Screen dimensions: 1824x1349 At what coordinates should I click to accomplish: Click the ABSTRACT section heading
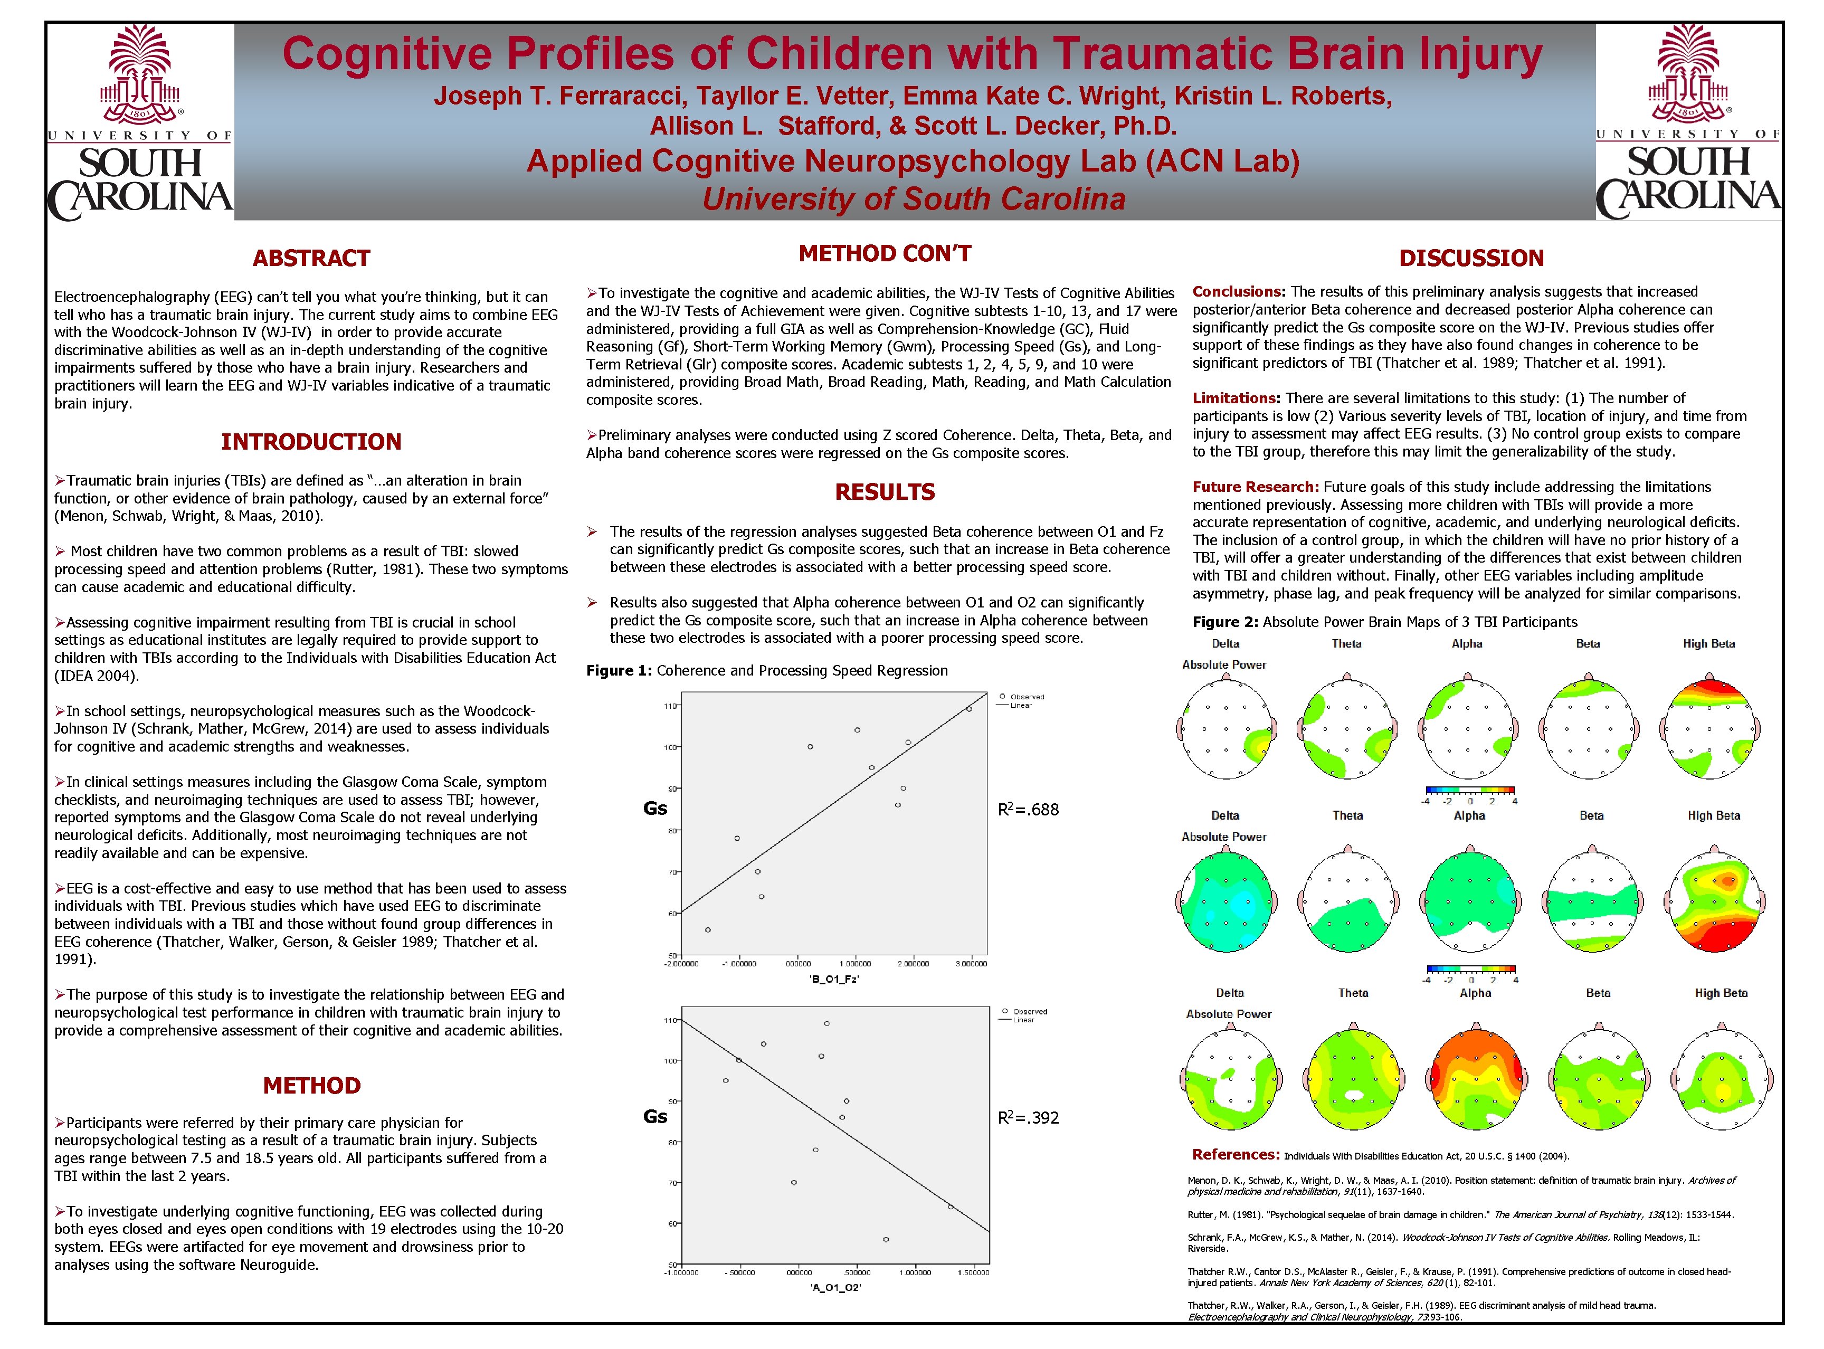(311, 258)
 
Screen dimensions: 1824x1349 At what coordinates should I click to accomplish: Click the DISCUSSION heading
(1471, 258)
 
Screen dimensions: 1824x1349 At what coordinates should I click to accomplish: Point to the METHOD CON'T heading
(884, 253)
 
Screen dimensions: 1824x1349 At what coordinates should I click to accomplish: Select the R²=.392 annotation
(1028, 1117)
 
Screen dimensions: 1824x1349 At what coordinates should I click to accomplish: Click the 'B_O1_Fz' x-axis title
(833, 978)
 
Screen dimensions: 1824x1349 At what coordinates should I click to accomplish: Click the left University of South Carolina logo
(140, 122)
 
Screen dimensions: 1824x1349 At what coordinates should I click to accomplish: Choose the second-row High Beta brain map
(1714, 902)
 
